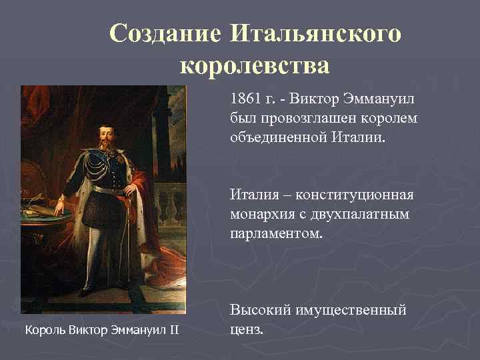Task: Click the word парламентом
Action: (276, 234)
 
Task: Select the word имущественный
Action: (353, 310)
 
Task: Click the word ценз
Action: (247, 329)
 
